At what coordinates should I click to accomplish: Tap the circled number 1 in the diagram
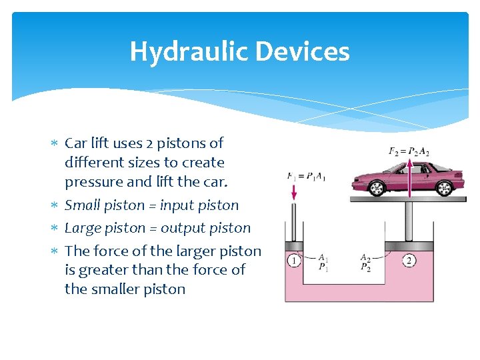[294, 261]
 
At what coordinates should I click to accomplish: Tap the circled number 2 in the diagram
[409, 261]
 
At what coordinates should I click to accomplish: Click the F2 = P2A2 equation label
[409, 151]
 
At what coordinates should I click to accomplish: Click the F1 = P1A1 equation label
[306, 177]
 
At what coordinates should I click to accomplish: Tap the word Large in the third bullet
[83, 228]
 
